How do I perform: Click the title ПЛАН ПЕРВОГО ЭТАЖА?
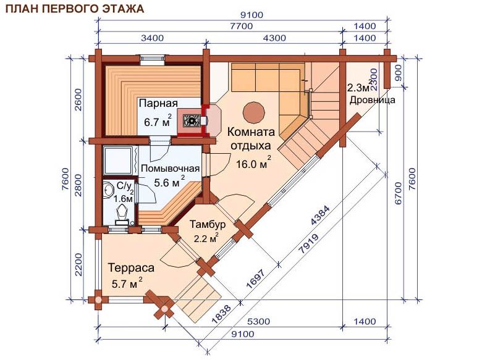[75, 8]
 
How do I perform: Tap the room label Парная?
[158, 103]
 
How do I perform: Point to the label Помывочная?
[170, 169]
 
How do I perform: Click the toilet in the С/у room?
[122, 214]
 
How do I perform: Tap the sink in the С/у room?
[108, 190]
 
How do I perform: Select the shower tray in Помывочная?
[119, 161]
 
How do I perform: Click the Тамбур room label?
[208, 224]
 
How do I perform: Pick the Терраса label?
[131, 267]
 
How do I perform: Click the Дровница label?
[373, 100]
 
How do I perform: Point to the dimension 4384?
[320, 215]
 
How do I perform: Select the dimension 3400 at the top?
[152, 38]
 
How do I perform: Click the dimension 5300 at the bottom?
[258, 322]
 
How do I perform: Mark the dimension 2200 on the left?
[78, 264]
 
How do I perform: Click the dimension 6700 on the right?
[398, 193]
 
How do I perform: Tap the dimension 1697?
[255, 279]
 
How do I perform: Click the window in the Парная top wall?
[153, 59]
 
